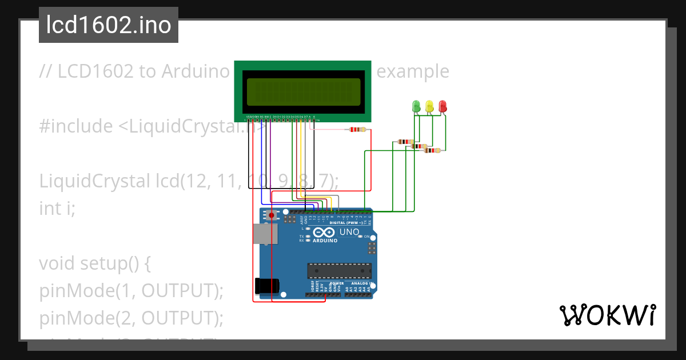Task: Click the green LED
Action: point(416,106)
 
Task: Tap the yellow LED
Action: point(429,106)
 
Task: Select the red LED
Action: point(442,106)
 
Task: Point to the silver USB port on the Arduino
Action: point(264,234)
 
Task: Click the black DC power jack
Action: point(265,286)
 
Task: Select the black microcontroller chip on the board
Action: point(340,270)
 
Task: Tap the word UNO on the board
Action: point(349,233)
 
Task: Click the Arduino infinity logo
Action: point(324,233)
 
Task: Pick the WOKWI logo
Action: point(608,315)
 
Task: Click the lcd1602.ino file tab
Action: point(109,25)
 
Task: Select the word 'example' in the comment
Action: point(413,71)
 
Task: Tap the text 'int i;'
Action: point(57,209)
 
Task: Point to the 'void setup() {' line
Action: point(94,263)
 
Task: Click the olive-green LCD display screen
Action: point(303,92)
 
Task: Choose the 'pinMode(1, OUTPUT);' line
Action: point(131,291)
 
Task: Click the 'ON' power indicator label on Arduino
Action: point(366,236)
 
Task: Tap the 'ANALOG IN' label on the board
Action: point(362,283)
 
